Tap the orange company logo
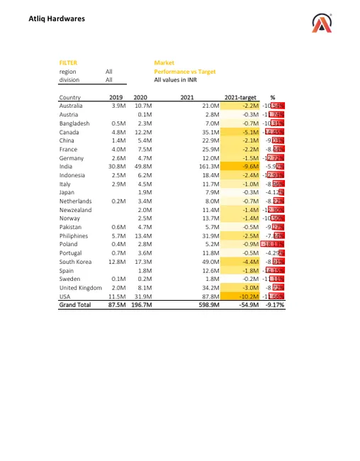coord(322,24)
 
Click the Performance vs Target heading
coord(184,72)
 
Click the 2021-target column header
coord(240,97)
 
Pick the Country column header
coord(69,97)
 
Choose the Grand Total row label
coord(75,306)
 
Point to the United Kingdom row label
coord(80,288)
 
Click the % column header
coord(272,97)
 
